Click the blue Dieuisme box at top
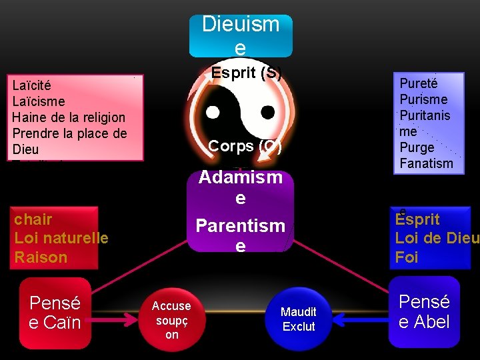241,35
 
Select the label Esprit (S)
246,73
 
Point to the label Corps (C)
245,146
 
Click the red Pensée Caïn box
55,313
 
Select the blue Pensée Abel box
425,312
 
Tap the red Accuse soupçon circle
171,320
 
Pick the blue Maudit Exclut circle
299,319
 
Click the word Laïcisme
39,101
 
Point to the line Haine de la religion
69,117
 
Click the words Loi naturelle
61,237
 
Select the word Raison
41,257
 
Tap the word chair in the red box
33,219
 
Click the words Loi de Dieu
436,238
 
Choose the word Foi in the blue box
407,257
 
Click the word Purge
417,147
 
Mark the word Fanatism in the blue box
426,163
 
